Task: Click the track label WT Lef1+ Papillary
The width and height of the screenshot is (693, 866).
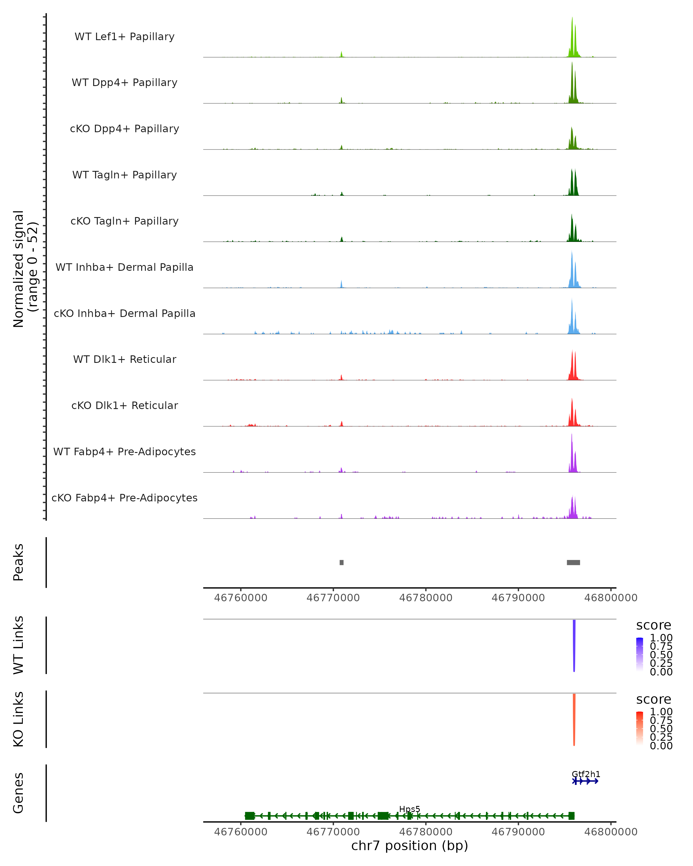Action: coord(124,37)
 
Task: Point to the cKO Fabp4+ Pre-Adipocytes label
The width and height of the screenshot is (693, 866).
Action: coord(124,498)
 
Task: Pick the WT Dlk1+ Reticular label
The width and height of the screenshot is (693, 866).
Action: coord(124,359)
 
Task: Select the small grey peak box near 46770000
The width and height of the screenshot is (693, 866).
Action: coord(342,562)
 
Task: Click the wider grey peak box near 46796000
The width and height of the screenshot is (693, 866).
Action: coord(573,562)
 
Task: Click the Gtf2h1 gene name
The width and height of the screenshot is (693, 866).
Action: coord(586,774)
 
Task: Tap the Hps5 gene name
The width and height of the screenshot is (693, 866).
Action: coord(409,809)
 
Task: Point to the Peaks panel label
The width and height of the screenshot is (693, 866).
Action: coord(18,562)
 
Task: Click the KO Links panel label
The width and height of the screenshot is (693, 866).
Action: coord(18,719)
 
